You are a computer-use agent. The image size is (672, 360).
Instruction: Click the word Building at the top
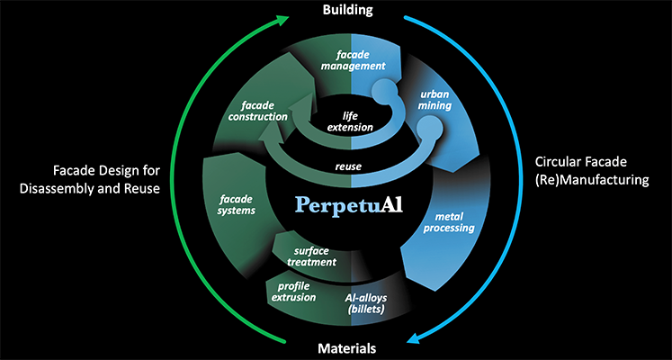pyautogui.click(x=347, y=10)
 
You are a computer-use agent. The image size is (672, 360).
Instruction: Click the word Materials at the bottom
pyautogui.click(x=346, y=348)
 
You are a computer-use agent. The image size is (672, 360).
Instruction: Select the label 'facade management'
pyautogui.click(x=354, y=60)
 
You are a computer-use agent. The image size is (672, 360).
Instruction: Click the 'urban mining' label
pyautogui.click(x=435, y=99)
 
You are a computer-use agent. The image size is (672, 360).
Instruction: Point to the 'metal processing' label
pyautogui.click(x=449, y=221)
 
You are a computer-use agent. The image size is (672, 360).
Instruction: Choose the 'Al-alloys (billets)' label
pyautogui.click(x=365, y=302)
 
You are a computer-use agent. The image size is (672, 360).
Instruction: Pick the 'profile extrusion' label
pyautogui.click(x=293, y=292)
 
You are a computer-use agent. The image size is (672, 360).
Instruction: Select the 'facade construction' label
pyautogui.click(x=257, y=111)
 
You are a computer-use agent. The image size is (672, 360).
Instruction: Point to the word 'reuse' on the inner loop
pyautogui.click(x=348, y=166)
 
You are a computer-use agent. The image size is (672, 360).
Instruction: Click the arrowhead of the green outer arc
pyautogui.click(x=282, y=20)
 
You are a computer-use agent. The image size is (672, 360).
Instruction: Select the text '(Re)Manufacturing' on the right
pyautogui.click(x=592, y=180)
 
